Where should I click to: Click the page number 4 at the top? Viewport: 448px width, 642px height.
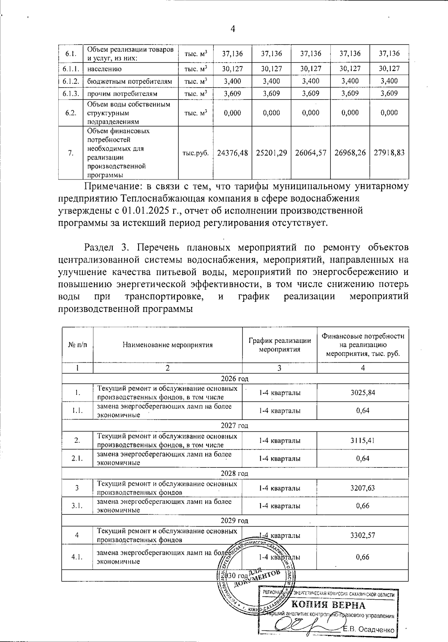point(233,29)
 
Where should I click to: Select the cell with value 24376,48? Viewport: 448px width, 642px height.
point(232,153)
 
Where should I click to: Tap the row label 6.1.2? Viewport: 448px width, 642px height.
point(71,81)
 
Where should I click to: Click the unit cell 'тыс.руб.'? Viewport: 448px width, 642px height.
point(195,153)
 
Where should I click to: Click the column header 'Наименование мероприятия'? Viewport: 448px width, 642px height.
point(168,345)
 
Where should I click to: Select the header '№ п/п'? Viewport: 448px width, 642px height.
point(77,345)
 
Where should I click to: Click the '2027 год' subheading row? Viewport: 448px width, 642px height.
point(234,426)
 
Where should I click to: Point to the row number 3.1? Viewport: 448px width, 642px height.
point(77,506)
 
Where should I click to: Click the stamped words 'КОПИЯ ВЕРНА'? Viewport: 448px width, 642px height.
point(328,605)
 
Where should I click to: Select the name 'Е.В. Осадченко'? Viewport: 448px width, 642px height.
point(369,630)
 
